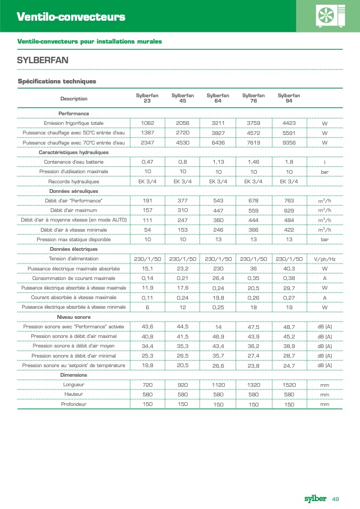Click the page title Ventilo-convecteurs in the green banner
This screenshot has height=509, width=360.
coord(71,17)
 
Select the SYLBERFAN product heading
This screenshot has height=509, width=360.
coord(43,60)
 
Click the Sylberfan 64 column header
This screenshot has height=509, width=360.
coord(218,98)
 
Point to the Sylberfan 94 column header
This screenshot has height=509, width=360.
coord(289,98)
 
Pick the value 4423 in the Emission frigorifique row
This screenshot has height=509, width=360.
coord(289,123)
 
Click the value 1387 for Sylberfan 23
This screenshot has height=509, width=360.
coord(147,133)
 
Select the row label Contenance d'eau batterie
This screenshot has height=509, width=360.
coord(74,162)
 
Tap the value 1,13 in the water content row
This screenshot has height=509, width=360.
coord(218,162)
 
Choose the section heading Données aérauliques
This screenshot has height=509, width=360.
coord(73,191)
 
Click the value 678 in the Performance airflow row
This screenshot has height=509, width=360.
coord(253,201)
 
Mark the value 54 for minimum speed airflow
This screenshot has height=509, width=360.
coord(147,230)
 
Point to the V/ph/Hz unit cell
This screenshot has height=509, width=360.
coord(324,259)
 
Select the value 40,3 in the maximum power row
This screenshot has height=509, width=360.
coord(289,269)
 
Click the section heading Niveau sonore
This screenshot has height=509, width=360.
coord(73,317)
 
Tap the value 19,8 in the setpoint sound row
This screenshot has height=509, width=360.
coord(147,365)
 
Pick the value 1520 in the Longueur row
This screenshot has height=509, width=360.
coord(289,385)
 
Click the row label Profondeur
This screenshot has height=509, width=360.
coord(74,404)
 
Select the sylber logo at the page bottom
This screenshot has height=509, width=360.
coord(315,498)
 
